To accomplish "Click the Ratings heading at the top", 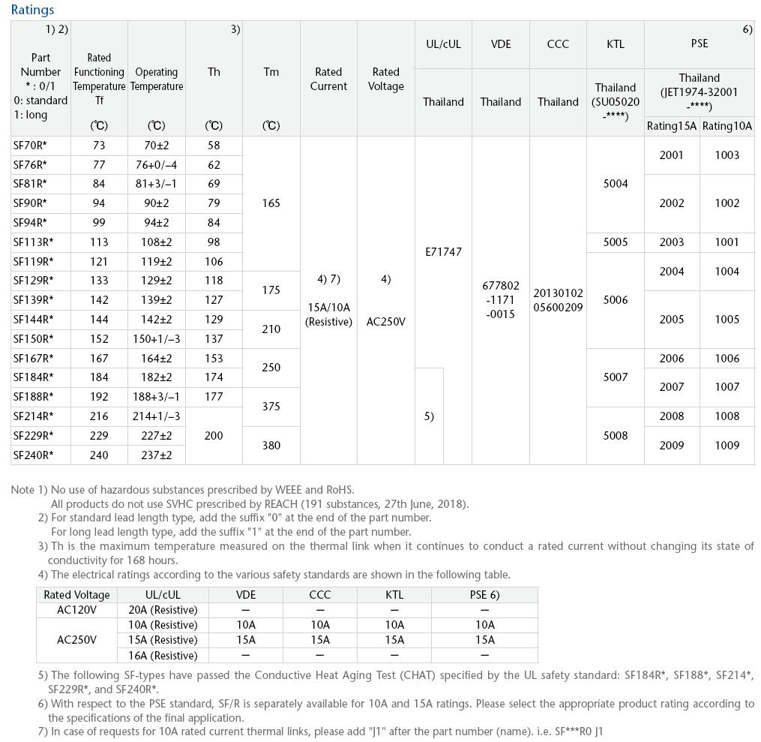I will click(x=32, y=10).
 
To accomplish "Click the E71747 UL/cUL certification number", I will click(x=443, y=252).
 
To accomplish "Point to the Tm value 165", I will click(x=271, y=203).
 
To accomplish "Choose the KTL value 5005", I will click(x=616, y=242).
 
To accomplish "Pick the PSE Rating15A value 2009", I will click(x=672, y=446).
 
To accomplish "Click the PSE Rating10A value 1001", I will click(x=727, y=242).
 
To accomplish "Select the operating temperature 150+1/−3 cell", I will click(x=157, y=339).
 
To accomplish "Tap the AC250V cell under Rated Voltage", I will click(x=386, y=322).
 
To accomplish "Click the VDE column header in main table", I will click(x=501, y=44).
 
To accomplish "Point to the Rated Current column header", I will click(x=328, y=79).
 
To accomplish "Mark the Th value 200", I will click(x=214, y=436).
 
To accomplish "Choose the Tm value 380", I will click(x=271, y=446).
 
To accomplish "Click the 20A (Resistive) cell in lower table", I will click(x=163, y=610).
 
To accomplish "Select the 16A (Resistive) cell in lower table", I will click(x=163, y=656).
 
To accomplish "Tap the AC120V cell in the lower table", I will click(x=76, y=610).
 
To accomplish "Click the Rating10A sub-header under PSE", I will click(x=727, y=126).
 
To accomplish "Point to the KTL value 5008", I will click(x=616, y=436).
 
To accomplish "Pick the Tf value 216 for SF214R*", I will click(x=99, y=416).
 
